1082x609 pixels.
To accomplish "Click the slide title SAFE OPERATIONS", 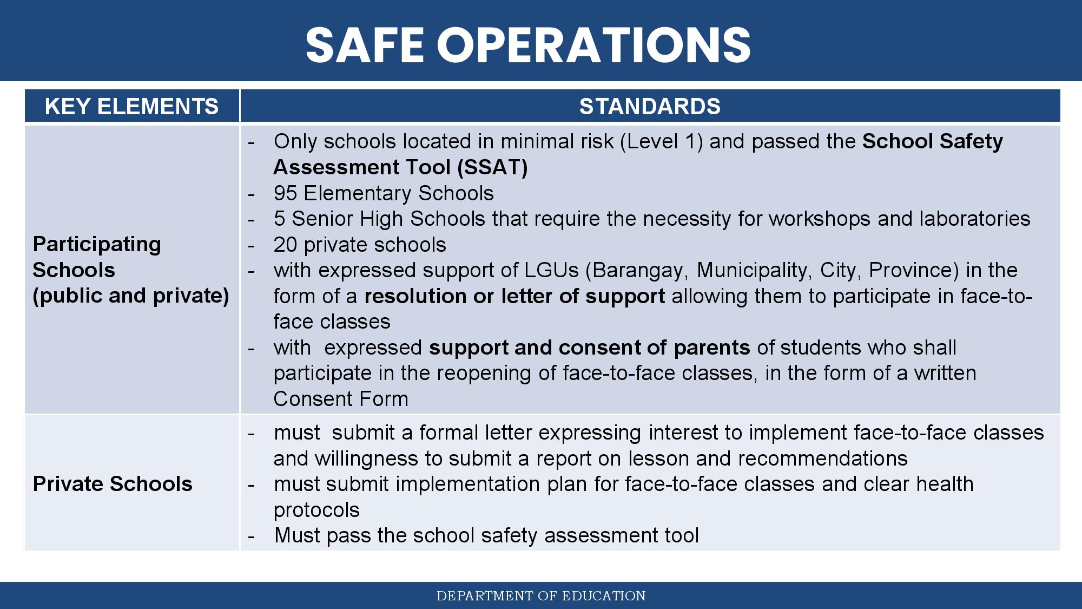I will point(528,44).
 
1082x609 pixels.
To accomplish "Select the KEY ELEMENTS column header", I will point(131,106).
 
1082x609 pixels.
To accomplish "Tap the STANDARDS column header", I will point(650,106).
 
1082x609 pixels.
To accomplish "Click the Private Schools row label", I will point(113,484).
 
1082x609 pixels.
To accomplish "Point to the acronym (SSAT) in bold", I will point(492,167).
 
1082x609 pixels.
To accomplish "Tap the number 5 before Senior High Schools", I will point(279,219).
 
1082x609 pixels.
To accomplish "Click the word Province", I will point(914,270).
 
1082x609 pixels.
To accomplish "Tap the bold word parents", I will point(712,348).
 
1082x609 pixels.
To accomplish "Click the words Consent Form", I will point(341,399).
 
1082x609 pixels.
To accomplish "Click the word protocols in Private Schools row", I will point(316,510).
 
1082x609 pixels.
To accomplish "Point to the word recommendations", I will point(823,459).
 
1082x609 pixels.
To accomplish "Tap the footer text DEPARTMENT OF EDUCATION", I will point(541,596).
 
